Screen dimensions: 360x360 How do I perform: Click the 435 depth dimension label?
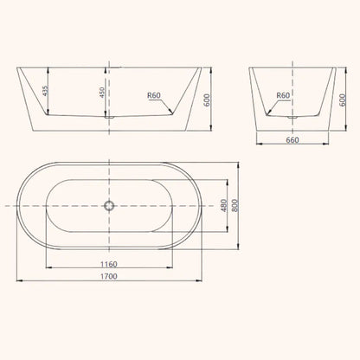[x=42, y=91]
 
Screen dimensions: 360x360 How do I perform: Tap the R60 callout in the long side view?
[x=155, y=97]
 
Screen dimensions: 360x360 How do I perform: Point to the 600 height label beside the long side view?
[x=208, y=100]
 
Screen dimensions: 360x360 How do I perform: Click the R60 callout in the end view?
[x=282, y=97]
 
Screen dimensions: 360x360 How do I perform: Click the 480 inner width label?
[x=222, y=207]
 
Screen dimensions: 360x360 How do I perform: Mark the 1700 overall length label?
[x=107, y=276]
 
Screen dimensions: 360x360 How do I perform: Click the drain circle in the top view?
[x=109, y=206]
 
